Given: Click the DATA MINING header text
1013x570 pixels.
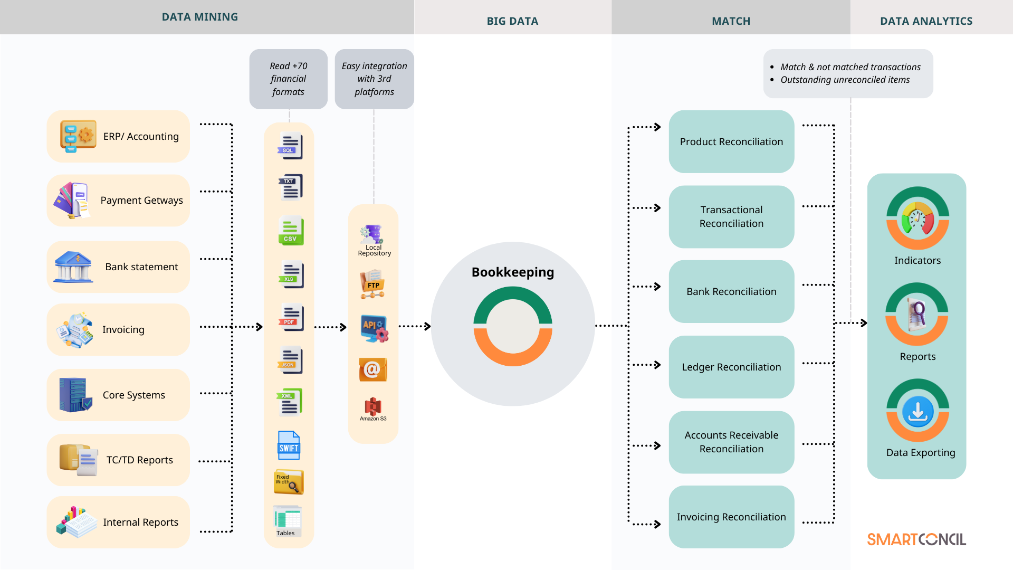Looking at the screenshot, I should (199, 17).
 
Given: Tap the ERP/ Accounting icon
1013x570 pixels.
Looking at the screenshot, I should (78, 136).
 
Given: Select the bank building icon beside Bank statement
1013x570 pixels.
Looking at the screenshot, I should (73, 267).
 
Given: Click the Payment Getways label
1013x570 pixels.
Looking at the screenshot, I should (141, 201).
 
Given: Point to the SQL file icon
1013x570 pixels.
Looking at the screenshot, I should (290, 146).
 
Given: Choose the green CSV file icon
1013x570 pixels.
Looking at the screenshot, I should (290, 231).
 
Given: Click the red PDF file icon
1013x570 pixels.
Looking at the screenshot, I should (291, 317).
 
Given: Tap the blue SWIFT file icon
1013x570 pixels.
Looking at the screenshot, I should (289, 445).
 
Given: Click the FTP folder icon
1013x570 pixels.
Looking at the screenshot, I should (372, 284).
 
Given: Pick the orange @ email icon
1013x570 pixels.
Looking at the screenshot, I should (372, 369).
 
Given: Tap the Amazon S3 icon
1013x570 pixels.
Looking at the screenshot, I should (373, 407).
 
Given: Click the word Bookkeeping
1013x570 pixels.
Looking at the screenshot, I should (512, 272).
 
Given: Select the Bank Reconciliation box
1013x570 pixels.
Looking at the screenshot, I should (731, 291).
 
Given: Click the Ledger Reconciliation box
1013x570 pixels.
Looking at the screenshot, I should (731, 367).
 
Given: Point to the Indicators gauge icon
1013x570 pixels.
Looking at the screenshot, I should (918, 218).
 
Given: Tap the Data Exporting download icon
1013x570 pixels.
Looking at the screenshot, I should (918, 411).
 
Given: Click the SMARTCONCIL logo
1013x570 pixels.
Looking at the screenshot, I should (916, 539).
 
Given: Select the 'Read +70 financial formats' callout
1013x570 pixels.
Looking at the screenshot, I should (288, 79).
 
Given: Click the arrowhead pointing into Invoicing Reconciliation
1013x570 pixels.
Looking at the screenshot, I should (657, 524).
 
